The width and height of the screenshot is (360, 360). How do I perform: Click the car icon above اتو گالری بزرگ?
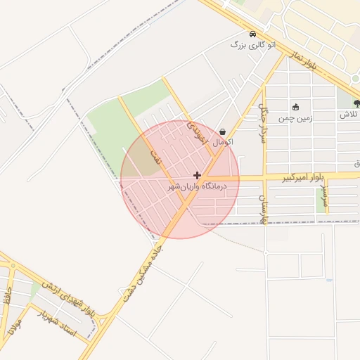click(252, 34)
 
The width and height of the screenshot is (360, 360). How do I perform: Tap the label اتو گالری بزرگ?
click(253, 45)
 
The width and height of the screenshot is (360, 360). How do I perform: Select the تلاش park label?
click(349, 115)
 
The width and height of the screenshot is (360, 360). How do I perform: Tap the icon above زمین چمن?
click(295, 108)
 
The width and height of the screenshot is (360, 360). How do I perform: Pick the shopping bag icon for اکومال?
click(223, 131)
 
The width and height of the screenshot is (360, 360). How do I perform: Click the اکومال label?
click(221, 142)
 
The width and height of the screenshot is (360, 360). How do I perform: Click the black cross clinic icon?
click(197, 175)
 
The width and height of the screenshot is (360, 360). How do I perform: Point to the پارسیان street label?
click(264, 209)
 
